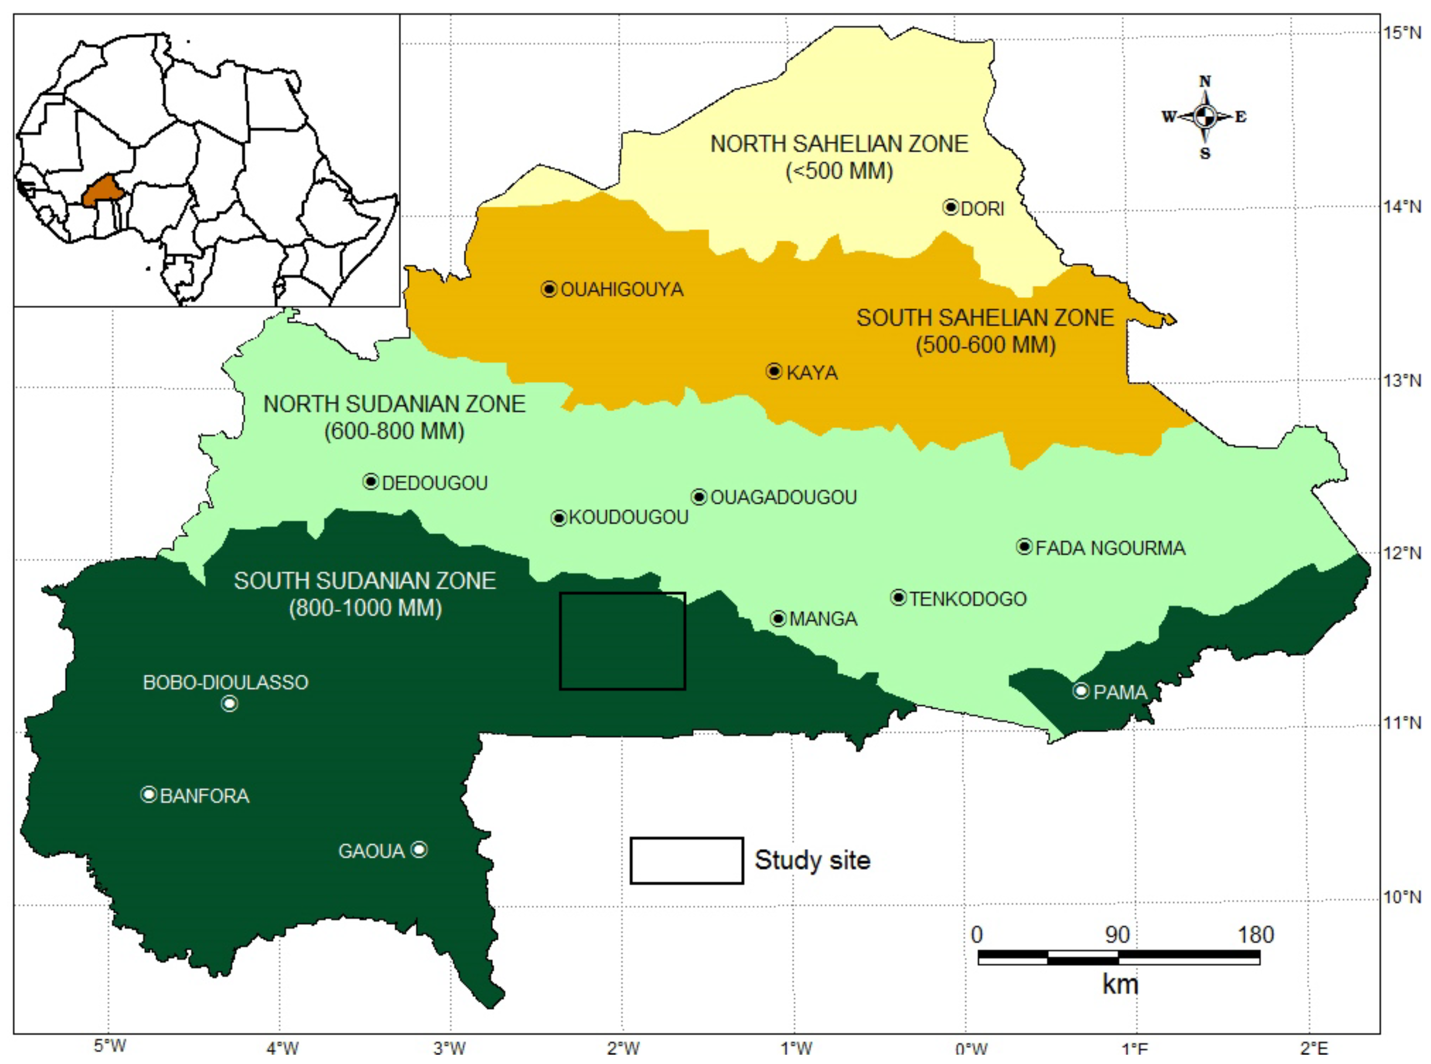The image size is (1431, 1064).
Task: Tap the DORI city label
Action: click(x=982, y=209)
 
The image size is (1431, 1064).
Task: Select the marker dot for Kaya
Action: click(x=774, y=371)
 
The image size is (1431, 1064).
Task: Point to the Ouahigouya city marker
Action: click(x=549, y=289)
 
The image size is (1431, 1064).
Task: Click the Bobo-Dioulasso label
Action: click(x=225, y=682)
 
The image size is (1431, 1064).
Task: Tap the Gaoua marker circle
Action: click(x=419, y=850)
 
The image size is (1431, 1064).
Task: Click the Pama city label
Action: click(x=1121, y=693)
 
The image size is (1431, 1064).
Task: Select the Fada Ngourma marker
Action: click(x=1024, y=546)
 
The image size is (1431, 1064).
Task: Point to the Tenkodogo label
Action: click(x=968, y=599)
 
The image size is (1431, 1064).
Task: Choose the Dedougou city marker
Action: click(x=370, y=481)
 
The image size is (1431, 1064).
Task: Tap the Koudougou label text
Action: click(x=629, y=517)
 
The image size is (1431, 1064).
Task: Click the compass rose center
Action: click(x=1204, y=117)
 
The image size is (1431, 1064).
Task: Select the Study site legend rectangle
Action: click(x=687, y=860)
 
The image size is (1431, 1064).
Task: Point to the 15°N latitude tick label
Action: click(x=1402, y=32)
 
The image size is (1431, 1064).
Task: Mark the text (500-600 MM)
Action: click(x=985, y=345)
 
